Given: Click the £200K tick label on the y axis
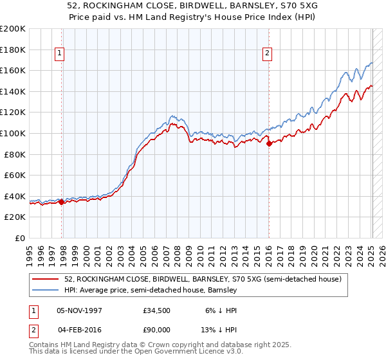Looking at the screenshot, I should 13,29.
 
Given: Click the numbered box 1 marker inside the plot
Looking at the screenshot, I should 59,54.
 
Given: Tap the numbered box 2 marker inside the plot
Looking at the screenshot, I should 266,54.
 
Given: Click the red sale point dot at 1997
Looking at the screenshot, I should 61,202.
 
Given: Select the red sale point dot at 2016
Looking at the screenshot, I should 269,144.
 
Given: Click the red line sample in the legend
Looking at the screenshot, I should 46,279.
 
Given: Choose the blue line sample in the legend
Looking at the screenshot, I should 46,290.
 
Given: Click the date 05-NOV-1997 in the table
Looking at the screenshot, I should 80,309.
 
